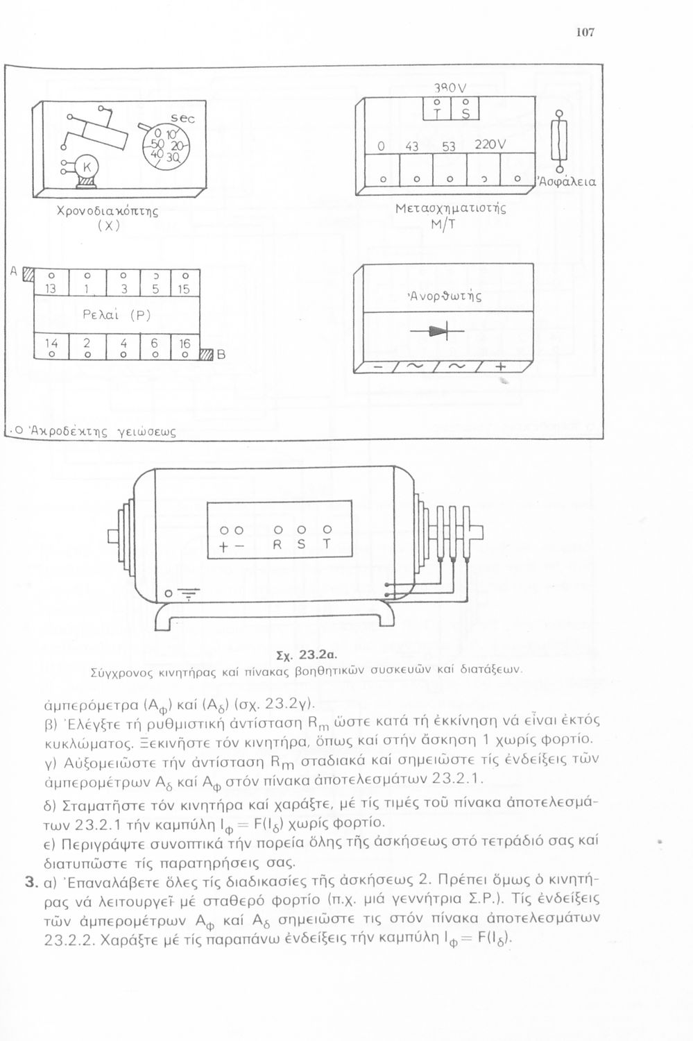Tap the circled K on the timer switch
pos(87,168)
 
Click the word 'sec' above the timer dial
pos(182,119)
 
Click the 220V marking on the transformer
pos(492,146)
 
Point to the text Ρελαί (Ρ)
pos(108,313)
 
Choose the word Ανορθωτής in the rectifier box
pos(446,294)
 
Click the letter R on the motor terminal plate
pos(275,545)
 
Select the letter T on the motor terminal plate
pos(326,545)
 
